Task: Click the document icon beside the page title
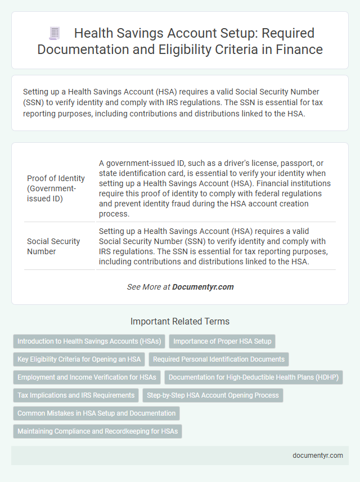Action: [55, 33]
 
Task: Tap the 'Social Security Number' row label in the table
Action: [53, 246]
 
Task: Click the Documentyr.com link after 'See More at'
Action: [202, 287]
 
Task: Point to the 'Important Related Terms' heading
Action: [180, 322]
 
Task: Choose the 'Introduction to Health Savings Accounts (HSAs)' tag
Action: [89, 341]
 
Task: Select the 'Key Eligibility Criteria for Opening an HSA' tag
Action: [79, 359]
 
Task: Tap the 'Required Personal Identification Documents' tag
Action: [219, 359]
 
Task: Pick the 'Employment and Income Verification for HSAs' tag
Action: [87, 377]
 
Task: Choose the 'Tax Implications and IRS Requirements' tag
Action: [76, 395]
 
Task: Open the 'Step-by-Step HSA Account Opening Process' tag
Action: [213, 395]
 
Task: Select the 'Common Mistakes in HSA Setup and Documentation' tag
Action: [96, 413]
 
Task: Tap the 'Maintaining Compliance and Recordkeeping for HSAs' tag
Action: [97, 431]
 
